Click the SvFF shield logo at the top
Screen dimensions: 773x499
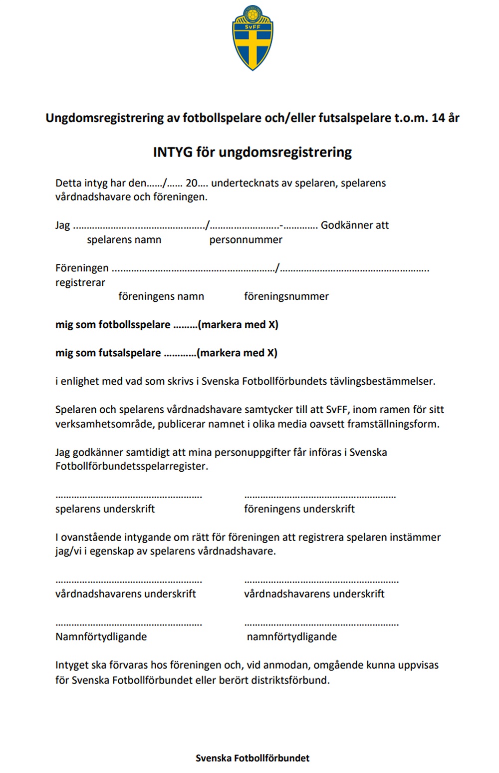pos(253,37)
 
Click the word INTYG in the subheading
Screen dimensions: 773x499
pos(172,152)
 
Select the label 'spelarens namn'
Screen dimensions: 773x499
pos(124,240)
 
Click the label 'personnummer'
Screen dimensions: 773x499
pos(246,240)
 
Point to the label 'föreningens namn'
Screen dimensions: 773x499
pos(161,296)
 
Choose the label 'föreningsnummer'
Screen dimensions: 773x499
pos(286,296)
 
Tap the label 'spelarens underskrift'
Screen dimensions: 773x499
pos(105,509)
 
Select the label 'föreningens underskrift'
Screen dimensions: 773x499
pos(299,509)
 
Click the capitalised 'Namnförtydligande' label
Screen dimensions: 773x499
pos(101,637)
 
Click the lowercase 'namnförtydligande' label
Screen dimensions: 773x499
pos(292,637)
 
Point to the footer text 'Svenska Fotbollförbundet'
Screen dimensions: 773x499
pos(252,758)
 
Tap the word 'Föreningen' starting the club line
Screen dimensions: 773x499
pos(82,268)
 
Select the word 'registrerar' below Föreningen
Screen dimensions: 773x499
pos(80,283)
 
